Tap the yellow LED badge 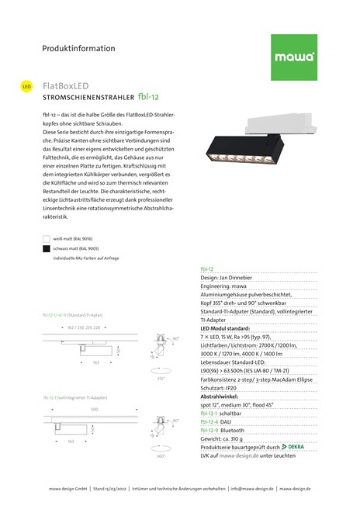point(26,85)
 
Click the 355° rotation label point(160,378)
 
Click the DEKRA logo point(298,447)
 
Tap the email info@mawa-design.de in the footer point(251,489)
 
